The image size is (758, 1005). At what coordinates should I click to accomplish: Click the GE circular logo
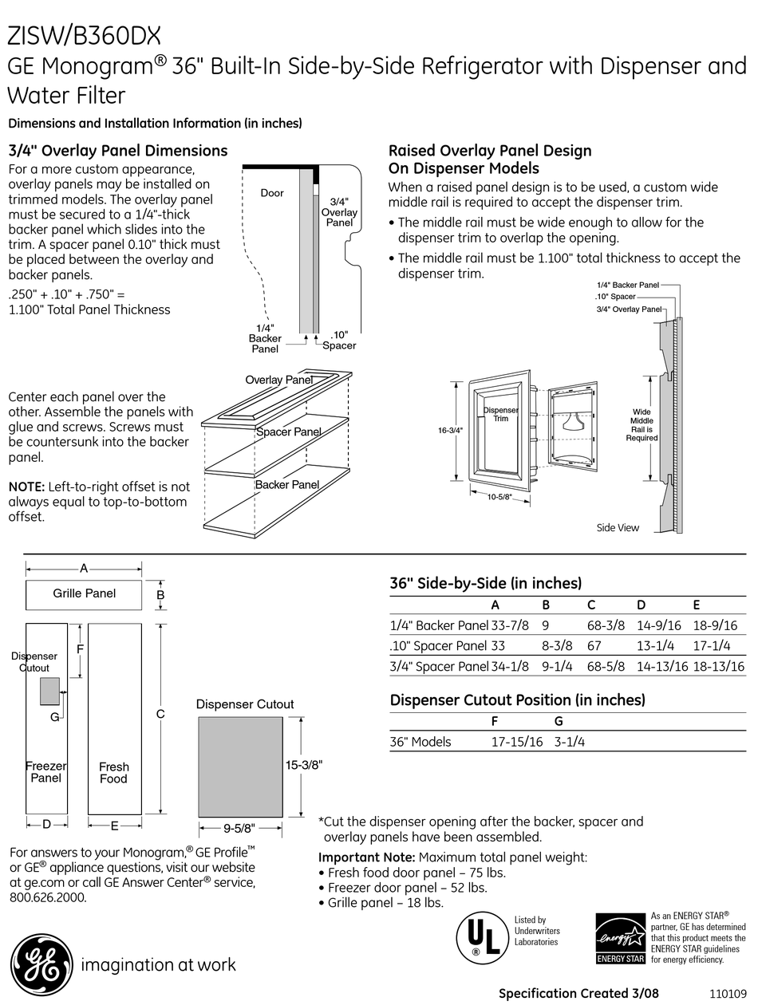(x=38, y=964)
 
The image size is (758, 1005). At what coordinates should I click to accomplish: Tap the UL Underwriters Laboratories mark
(x=480, y=936)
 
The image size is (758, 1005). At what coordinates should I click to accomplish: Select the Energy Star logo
(x=620, y=938)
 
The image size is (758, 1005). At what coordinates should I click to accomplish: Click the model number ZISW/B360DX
(x=84, y=35)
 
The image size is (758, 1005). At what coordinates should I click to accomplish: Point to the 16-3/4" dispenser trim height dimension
(x=450, y=431)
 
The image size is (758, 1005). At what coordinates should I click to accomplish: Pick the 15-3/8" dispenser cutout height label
(x=303, y=764)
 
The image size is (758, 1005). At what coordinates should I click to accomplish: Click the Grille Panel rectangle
(x=84, y=594)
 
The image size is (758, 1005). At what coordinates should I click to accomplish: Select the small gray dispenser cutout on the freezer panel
(x=49, y=691)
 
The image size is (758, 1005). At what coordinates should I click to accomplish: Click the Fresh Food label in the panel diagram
(x=113, y=773)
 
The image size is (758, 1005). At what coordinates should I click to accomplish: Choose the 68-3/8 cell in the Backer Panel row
(x=606, y=625)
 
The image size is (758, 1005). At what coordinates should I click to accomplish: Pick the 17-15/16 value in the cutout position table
(x=516, y=742)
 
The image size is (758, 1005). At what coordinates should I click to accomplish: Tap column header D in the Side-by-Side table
(x=641, y=605)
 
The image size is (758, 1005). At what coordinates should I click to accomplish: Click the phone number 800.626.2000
(x=48, y=897)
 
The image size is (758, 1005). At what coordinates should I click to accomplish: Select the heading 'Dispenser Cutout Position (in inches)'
(x=517, y=700)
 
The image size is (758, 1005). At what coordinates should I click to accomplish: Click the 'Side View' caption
(x=618, y=528)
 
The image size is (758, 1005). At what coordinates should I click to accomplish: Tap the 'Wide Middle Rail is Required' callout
(x=642, y=425)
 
